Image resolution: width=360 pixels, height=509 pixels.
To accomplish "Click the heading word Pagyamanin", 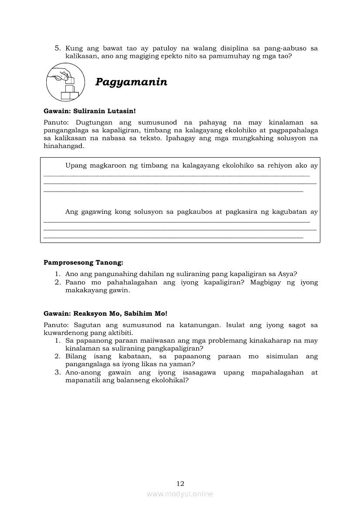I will [x=131, y=82].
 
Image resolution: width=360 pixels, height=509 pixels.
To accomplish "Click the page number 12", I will [x=180, y=483].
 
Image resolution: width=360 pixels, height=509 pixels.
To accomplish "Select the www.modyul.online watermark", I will [x=180, y=494].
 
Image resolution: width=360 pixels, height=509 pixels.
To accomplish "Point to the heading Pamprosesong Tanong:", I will [x=83, y=263].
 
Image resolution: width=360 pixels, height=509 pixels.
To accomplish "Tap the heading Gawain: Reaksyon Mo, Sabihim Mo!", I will [x=105, y=313].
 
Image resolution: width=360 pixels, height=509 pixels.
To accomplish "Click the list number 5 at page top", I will [x=57, y=48].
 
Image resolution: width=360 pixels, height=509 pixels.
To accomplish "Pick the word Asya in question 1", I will [x=287, y=274].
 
